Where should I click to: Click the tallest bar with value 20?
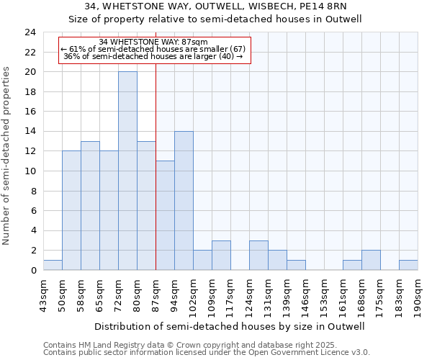[127, 171]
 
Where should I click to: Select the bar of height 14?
[184, 200]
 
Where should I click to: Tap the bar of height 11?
[165, 215]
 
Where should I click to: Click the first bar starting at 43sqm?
[53, 265]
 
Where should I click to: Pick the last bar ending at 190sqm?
[408, 265]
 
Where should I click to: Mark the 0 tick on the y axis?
[33, 270]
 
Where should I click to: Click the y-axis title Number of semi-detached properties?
[7, 156]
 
